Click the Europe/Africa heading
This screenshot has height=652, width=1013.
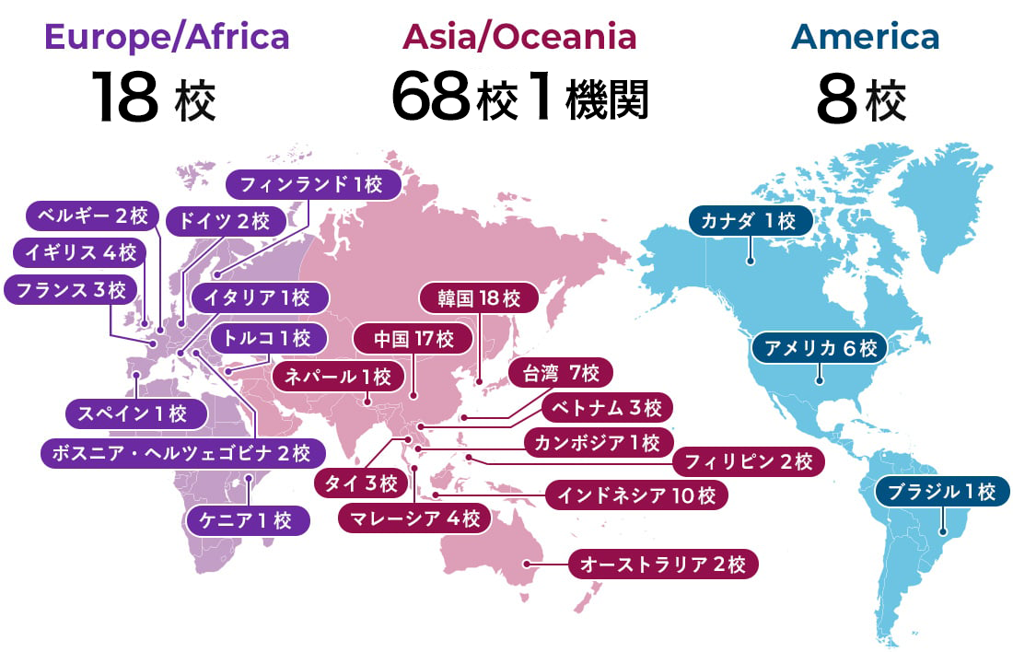click(x=167, y=37)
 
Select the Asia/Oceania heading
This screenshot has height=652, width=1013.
click(x=518, y=37)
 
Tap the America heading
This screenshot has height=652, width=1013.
click(x=865, y=37)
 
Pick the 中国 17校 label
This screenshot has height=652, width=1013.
click(x=414, y=338)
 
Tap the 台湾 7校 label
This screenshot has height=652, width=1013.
click(x=561, y=373)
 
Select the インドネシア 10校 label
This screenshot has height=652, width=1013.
click(x=636, y=495)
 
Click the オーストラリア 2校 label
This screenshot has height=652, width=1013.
click(x=663, y=564)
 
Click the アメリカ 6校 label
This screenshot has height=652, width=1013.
click(x=820, y=348)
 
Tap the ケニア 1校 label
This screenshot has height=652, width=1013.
click(x=247, y=520)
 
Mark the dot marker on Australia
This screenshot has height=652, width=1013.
click(x=526, y=564)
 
